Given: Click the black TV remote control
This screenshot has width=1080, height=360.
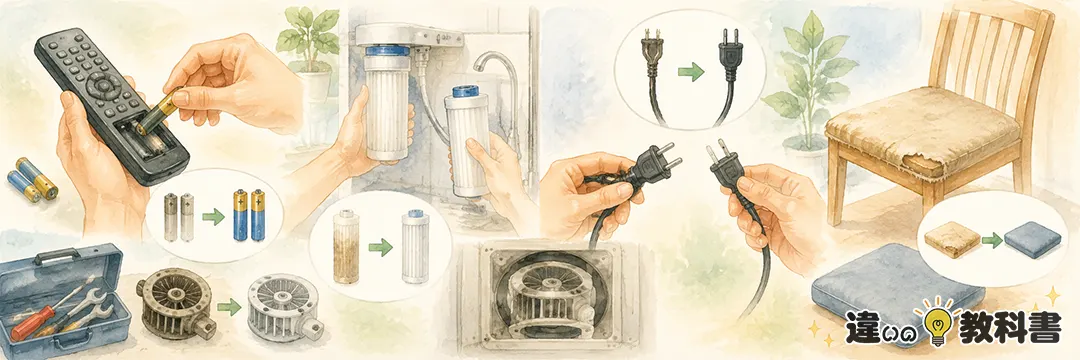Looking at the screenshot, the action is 110,107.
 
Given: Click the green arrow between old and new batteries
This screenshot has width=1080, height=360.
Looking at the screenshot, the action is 214,218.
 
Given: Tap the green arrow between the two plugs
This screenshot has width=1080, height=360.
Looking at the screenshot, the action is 692,71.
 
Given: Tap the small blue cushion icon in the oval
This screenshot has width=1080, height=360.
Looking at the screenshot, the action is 1032,241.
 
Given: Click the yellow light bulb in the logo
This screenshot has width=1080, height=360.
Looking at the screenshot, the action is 938,324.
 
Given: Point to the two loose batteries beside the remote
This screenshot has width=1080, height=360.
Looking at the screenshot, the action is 32,180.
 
